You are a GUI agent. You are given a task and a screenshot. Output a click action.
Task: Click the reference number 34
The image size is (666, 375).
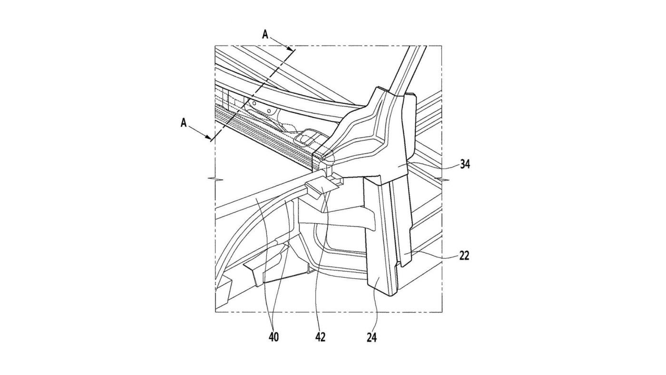tap(465, 164)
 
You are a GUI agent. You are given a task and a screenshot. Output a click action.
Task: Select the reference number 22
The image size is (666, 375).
tap(464, 256)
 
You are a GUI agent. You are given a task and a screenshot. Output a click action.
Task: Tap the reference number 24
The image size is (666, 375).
tap(372, 337)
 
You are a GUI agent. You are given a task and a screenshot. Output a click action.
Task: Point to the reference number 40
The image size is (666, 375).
tap(274, 337)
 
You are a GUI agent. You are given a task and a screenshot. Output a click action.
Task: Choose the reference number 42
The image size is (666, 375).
tap(320, 337)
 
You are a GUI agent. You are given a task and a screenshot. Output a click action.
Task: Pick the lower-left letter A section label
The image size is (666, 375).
tap(184, 123)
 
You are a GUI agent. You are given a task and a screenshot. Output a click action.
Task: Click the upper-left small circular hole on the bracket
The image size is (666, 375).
tap(254, 103)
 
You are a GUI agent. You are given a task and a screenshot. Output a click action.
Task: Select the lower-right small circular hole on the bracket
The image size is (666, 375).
tap(269, 110)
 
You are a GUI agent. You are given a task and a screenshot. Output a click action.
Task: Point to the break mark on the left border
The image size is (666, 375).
tap(215, 179)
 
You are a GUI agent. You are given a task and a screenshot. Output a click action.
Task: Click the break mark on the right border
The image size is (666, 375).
tap(441, 179)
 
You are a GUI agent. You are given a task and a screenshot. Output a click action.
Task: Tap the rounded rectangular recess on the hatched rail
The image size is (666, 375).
tap(309, 138)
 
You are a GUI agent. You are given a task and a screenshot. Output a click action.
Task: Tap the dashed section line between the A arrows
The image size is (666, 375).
tap(253, 95)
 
